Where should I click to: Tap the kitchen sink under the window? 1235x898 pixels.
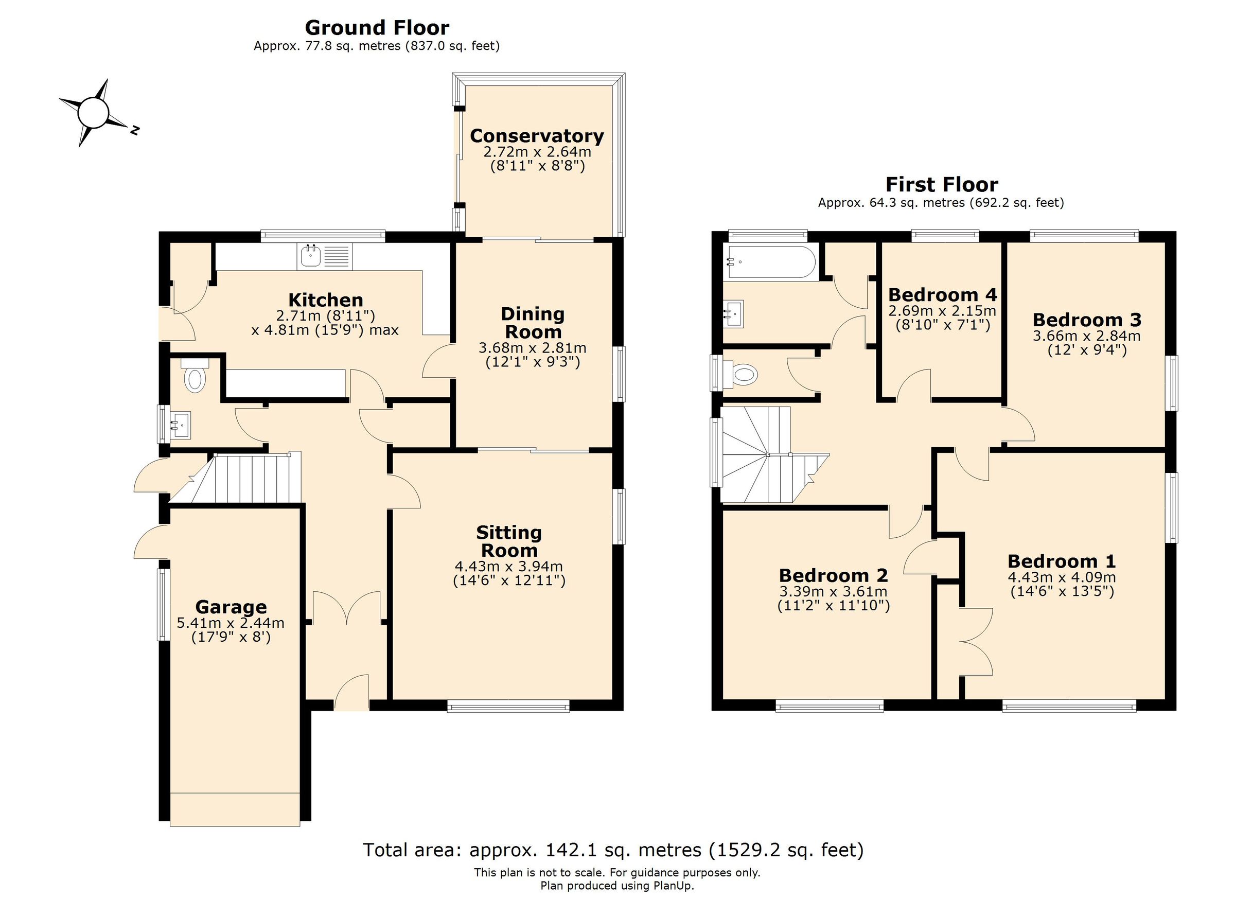tap(311, 256)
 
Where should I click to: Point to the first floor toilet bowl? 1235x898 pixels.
tap(745, 374)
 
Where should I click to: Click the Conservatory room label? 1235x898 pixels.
tap(536, 135)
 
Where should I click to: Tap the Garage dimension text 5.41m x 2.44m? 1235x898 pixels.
tap(231, 623)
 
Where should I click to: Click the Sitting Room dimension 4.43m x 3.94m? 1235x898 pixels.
tap(508, 567)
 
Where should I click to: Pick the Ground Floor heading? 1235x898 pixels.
tap(377, 27)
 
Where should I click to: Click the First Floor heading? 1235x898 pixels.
tap(942, 185)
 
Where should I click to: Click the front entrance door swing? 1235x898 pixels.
tap(352, 692)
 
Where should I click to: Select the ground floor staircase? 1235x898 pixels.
tap(245, 479)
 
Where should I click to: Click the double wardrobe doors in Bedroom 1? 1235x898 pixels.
tap(976, 642)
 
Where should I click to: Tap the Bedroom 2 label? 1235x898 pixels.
tap(833, 575)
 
